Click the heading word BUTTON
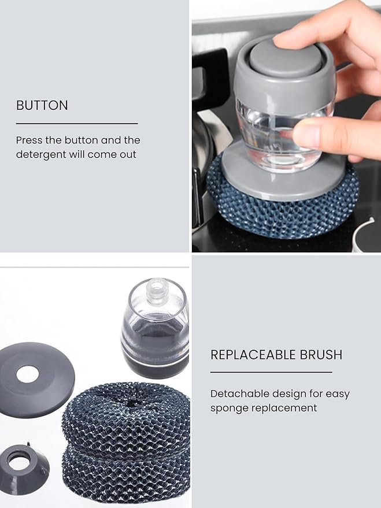42,105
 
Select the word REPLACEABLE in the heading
253,355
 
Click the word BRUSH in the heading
321,355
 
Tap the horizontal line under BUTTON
77,124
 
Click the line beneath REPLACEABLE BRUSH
271,372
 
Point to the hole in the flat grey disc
28,374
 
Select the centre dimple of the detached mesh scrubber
133,403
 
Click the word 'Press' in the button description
29,140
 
